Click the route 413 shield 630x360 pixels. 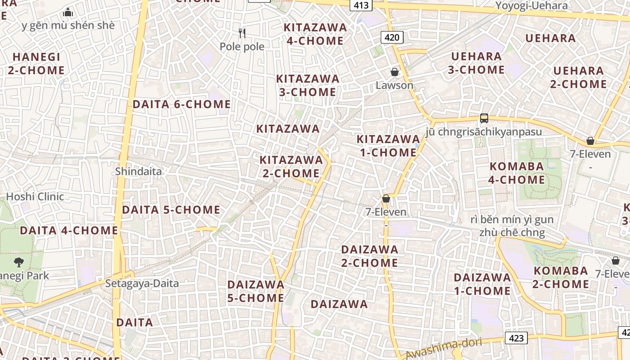(361, 5)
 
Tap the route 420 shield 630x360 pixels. (392, 37)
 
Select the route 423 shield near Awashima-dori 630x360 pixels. (516, 337)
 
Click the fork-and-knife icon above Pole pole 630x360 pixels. (242, 33)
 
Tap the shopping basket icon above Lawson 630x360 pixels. (395, 72)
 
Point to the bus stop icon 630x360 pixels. (484, 118)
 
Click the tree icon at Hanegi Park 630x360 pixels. (19, 262)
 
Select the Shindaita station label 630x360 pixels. (138, 171)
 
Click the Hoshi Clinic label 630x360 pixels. (35, 197)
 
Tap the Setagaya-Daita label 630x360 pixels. (142, 283)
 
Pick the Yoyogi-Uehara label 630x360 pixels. (531, 6)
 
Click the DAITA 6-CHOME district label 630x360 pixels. (181, 104)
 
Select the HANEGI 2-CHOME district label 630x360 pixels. (36, 64)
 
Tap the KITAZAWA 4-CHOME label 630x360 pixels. (315, 34)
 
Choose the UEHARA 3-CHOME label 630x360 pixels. (476, 63)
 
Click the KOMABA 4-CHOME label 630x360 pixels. (517, 173)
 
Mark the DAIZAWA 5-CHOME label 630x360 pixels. (256, 291)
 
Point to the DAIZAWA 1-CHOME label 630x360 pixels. (482, 284)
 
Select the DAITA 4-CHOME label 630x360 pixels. (69, 231)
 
